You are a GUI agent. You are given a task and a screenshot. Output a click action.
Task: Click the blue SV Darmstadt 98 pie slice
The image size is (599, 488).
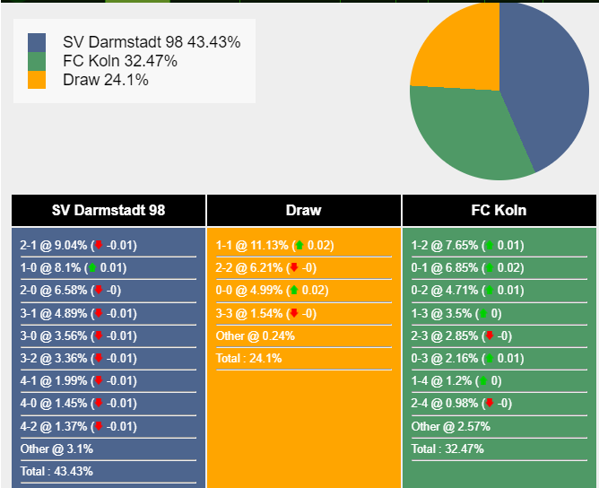pyautogui.click(x=546, y=84)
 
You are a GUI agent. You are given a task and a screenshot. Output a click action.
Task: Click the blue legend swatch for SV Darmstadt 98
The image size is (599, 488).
pyautogui.click(x=37, y=42)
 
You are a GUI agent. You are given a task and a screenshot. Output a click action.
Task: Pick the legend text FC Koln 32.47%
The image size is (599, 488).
pyautogui.click(x=120, y=61)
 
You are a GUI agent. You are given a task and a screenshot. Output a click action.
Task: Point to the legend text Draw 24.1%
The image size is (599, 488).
pyautogui.click(x=106, y=80)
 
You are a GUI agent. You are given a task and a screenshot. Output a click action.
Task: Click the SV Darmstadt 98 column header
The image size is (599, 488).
pyautogui.click(x=109, y=210)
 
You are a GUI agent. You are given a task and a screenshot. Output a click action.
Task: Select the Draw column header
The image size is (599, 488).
pyautogui.click(x=304, y=210)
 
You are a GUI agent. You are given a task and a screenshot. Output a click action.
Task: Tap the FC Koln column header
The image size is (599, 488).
pyautogui.click(x=499, y=210)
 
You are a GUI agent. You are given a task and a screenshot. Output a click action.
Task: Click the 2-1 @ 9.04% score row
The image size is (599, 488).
pyautogui.click(x=78, y=245)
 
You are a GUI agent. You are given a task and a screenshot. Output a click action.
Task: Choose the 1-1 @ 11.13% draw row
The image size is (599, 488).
pyautogui.click(x=274, y=245)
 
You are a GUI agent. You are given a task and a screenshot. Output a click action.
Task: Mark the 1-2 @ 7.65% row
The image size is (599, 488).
pyautogui.click(x=467, y=245)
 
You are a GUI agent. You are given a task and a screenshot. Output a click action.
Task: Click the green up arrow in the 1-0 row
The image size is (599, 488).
pyautogui.click(x=92, y=267)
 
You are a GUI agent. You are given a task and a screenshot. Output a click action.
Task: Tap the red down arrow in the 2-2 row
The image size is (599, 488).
pyautogui.click(x=294, y=267)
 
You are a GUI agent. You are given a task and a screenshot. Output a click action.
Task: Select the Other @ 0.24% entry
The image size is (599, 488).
pyautogui.click(x=256, y=335)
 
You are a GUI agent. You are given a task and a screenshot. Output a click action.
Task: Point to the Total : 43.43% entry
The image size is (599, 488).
pyautogui.click(x=56, y=471)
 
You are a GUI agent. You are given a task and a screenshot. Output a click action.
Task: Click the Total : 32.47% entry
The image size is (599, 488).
pyautogui.click(x=447, y=449)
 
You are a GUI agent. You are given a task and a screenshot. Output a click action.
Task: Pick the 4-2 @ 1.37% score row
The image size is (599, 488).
pyautogui.click(x=78, y=426)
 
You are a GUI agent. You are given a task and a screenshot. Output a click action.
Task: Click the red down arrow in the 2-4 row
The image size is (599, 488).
pyautogui.click(x=490, y=403)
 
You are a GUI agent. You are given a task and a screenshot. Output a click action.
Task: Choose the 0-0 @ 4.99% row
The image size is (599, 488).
pyautogui.click(x=272, y=291)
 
